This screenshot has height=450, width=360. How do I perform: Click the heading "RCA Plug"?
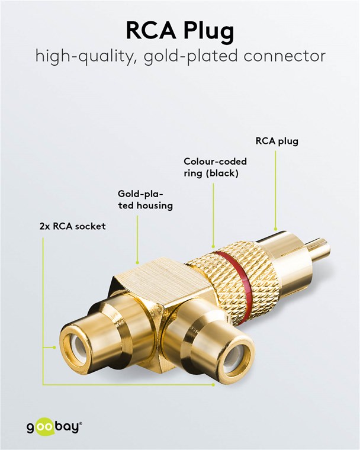(x=180, y=30)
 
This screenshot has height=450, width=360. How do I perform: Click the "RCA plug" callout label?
(x=277, y=142)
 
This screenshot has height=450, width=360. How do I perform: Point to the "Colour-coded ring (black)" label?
(x=215, y=167)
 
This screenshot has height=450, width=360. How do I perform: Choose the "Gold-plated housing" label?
(x=144, y=200)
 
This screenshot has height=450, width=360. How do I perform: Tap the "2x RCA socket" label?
(x=72, y=226)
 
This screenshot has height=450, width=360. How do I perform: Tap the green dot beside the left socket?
(x=44, y=349)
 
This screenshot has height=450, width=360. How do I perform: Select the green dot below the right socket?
(x=214, y=384)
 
